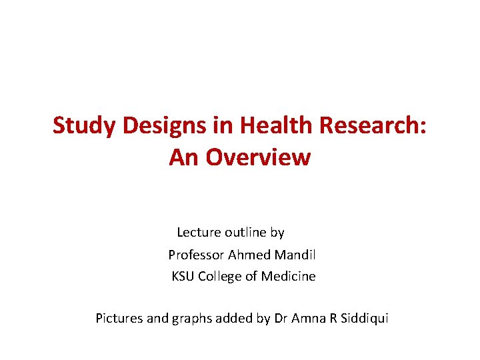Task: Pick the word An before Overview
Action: [x=184, y=157]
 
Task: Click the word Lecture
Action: [x=199, y=233]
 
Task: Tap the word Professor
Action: [x=196, y=255]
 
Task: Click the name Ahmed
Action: [x=247, y=255]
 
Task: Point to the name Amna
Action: [x=308, y=318]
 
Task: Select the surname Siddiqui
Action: [x=364, y=318]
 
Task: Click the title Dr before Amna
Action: [x=281, y=318]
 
